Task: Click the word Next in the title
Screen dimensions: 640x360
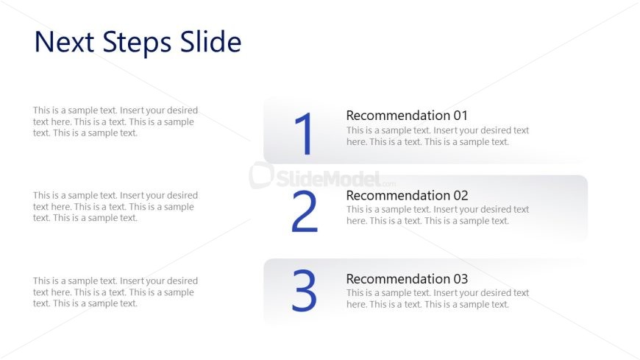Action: point(65,42)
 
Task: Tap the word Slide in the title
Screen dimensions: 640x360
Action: point(210,41)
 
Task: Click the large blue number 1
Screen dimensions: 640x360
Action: point(304,134)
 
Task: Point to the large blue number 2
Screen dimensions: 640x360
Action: point(305,211)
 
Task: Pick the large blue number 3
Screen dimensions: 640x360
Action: point(304,290)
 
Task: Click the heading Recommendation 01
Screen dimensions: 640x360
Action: point(407,116)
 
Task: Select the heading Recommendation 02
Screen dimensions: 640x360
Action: point(407,195)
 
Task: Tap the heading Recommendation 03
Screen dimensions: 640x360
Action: point(407,279)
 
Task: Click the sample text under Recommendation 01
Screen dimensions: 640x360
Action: point(438,136)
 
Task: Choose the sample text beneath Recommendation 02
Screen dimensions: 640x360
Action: point(438,215)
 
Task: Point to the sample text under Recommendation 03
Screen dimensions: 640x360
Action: point(438,298)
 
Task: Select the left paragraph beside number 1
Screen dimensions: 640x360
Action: point(115,121)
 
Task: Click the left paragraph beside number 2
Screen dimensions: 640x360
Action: point(115,206)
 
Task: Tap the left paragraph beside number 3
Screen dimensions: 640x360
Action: point(115,292)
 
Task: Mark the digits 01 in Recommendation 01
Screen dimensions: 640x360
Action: point(461,116)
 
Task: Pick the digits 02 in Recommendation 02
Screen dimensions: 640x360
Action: point(461,196)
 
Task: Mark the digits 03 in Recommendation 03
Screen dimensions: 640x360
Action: point(461,279)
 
